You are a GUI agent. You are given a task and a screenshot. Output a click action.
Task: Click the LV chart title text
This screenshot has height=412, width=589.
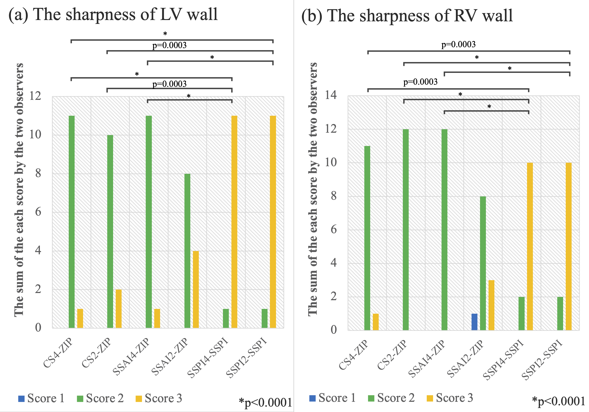point(113,15)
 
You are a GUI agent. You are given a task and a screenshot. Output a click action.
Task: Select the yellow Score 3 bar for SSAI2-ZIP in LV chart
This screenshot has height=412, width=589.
point(196,289)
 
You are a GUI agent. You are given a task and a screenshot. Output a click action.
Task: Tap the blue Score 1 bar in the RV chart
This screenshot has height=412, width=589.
point(474,322)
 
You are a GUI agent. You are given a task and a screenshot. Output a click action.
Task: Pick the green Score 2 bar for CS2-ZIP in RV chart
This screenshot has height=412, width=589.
point(406,229)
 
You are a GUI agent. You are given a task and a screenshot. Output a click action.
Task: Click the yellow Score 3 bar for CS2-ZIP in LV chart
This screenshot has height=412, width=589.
point(119,309)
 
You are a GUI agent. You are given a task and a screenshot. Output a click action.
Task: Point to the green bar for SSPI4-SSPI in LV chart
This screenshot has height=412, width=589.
point(226,318)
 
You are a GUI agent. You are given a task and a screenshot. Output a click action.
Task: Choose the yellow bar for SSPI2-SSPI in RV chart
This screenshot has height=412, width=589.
point(569,246)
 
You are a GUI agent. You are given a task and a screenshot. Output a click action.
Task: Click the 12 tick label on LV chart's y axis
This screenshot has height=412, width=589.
point(35,96)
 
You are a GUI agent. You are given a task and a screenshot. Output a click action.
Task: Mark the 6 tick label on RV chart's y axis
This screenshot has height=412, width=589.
point(333,229)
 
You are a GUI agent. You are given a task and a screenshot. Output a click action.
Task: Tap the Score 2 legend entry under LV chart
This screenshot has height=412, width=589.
point(100,398)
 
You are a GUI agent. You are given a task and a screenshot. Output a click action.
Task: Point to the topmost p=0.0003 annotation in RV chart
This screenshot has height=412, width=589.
point(458,44)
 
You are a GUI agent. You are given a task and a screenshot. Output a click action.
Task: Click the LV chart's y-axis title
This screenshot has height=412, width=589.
point(19,190)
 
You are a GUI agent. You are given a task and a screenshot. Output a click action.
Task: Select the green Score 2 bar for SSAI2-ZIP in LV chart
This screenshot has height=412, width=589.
point(187,251)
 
